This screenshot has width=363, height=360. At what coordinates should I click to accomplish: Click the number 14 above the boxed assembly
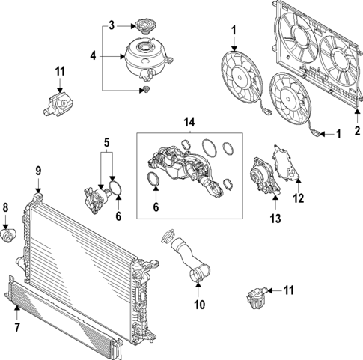tap(189, 121)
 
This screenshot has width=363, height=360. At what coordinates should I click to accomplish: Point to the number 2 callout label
tap(356, 130)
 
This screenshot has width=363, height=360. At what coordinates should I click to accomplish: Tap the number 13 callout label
tap(275, 218)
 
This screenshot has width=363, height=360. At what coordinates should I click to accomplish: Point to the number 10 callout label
tap(198, 306)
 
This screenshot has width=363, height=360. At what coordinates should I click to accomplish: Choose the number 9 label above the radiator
tap(38, 172)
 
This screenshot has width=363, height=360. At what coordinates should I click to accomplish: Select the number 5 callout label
tap(106, 141)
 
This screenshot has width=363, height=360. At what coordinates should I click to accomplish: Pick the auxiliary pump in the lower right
tap(257, 296)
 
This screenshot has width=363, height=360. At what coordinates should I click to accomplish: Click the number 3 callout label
tap(111, 25)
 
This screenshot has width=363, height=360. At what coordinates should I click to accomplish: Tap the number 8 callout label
tap(6, 207)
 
